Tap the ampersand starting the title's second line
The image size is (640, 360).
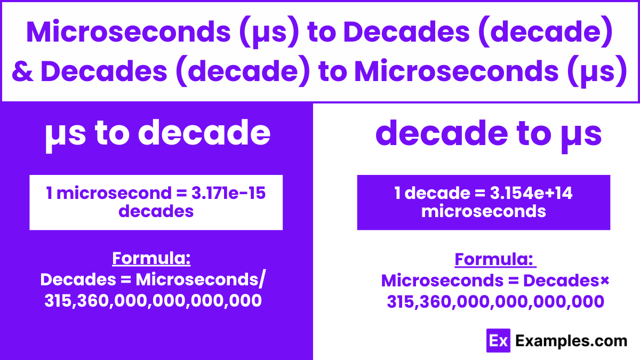(x=23, y=71)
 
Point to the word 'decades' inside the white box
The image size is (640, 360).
(x=156, y=211)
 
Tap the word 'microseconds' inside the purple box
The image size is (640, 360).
(x=483, y=211)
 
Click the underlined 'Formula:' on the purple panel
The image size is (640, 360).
(x=151, y=259)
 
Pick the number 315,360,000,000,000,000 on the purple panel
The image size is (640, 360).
(x=153, y=301)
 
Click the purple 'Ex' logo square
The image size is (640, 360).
(x=499, y=340)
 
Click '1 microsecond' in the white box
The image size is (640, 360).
(x=99, y=193)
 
